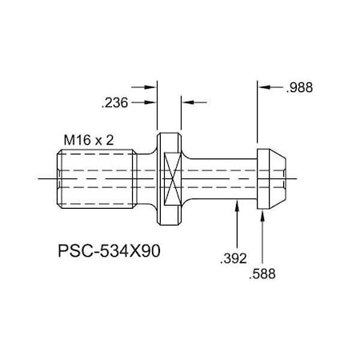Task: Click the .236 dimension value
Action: click(x=114, y=102)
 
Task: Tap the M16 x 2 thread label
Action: click(x=89, y=140)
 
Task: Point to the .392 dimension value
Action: click(x=232, y=257)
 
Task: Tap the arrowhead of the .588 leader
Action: click(x=266, y=212)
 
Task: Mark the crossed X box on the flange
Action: click(x=169, y=178)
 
